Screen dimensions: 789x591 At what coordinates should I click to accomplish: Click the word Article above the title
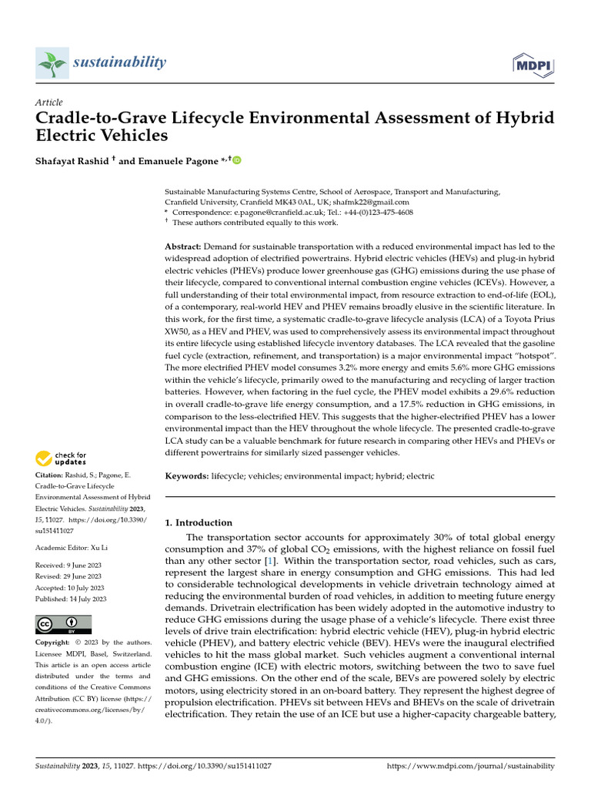[49, 102]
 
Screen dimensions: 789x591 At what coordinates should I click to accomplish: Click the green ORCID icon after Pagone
[237, 160]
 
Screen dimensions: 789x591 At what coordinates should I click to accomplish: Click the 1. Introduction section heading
[199, 522]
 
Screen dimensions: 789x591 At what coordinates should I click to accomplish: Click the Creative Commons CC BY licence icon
[63, 624]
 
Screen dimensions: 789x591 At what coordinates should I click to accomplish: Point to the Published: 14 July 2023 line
[72, 599]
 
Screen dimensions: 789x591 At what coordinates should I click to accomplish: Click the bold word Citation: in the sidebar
[51, 476]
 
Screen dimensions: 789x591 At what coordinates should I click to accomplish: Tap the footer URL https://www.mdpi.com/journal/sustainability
[469, 767]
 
